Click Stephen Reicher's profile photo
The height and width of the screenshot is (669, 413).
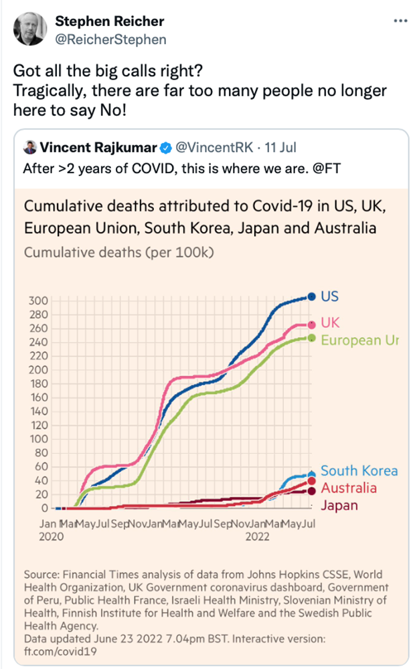pyautogui.click(x=30, y=29)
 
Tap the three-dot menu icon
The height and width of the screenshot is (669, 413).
pyautogui.click(x=400, y=21)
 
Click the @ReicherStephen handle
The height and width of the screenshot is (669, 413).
pyautogui.click(x=110, y=39)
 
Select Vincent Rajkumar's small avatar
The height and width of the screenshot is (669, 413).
pyautogui.click(x=29, y=147)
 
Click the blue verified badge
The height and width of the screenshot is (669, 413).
pyautogui.click(x=166, y=147)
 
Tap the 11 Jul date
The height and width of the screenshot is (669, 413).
pyautogui.click(x=282, y=147)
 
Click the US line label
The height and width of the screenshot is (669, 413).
pyautogui.click(x=329, y=296)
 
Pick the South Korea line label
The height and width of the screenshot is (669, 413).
pyautogui.click(x=359, y=471)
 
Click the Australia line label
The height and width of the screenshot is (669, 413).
pyautogui.click(x=348, y=488)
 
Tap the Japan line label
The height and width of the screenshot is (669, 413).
pyautogui.click(x=339, y=505)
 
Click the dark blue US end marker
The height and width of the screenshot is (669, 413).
pyautogui.click(x=311, y=296)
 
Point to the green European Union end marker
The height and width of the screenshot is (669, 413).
pyautogui.click(x=311, y=338)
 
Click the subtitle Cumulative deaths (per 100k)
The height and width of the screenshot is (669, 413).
pyautogui.click(x=118, y=253)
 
